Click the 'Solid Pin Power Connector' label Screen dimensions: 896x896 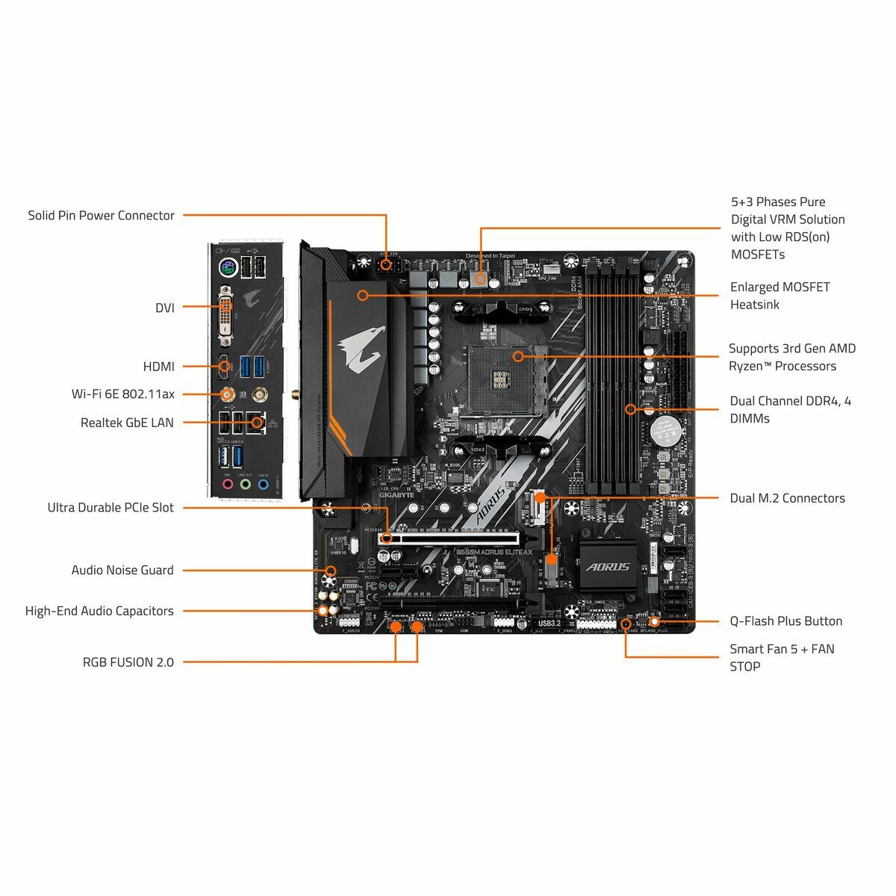tap(101, 216)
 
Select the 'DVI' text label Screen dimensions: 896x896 tap(164, 308)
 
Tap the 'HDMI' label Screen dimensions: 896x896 tap(158, 367)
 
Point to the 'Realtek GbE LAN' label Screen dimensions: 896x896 tap(127, 423)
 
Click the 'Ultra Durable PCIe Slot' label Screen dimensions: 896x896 tap(111, 508)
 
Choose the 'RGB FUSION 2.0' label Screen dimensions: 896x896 tap(128, 662)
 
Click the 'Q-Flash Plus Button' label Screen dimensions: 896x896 tap(785, 621)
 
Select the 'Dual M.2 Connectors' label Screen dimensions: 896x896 tap(787, 498)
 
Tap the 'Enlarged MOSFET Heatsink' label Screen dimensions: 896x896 tap(780, 296)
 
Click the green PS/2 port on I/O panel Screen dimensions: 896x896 tap(227, 267)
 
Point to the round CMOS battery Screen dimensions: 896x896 tap(662, 431)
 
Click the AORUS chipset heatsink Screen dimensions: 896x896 tap(608, 567)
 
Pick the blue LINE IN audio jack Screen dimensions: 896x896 tap(263, 484)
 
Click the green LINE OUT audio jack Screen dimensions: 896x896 tap(245, 484)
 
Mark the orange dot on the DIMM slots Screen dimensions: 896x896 tap(630, 409)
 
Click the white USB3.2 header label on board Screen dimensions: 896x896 tap(549, 623)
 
